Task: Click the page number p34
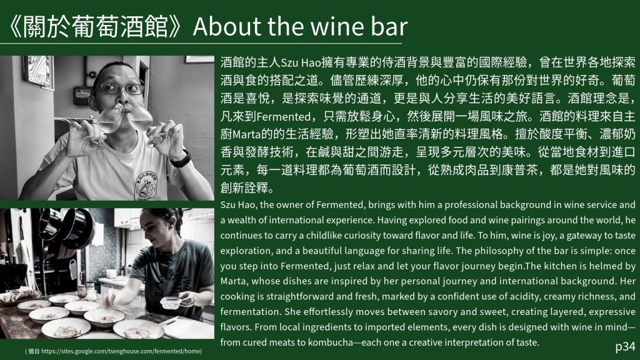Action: [625, 347]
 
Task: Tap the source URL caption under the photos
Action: [113, 351]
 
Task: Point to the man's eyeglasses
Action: [121, 88]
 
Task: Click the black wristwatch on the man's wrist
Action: [181, 159]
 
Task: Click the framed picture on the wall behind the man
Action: [38, 72]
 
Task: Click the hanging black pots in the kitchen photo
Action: [65, 229]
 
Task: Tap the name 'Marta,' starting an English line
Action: [234, 281]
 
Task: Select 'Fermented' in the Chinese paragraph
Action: [283, 117]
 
